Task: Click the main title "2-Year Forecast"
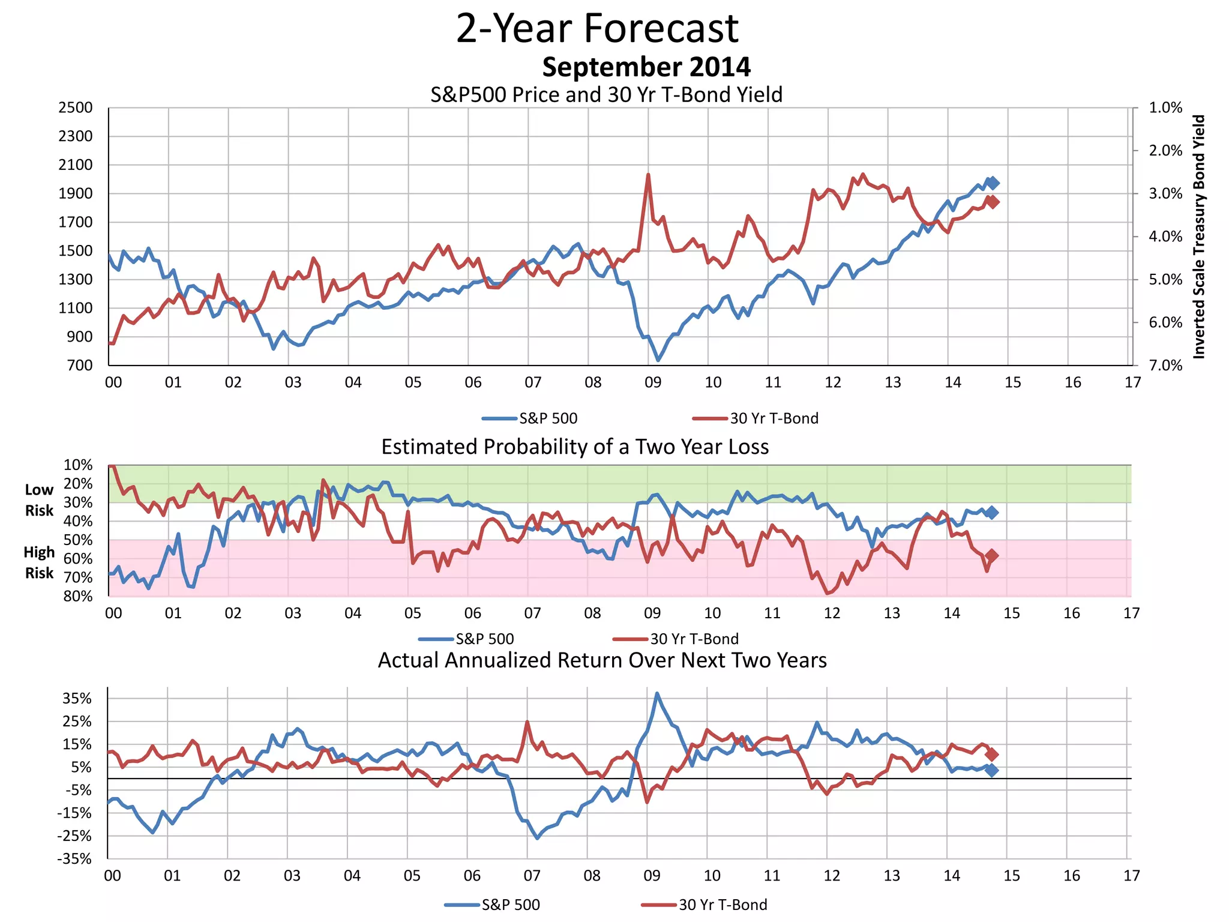597,28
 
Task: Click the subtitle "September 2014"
646,67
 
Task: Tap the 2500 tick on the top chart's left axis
76,108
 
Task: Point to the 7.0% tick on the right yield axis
1165,366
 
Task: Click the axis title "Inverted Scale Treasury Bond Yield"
1199,237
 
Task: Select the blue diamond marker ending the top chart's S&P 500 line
993,183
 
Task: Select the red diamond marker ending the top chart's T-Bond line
993,202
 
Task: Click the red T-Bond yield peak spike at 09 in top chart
648,175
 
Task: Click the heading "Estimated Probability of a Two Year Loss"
575,447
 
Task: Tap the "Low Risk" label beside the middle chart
39,500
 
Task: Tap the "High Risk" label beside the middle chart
39,562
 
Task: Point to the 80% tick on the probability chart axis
78,597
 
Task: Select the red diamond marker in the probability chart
992,556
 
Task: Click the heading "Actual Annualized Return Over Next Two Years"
602,660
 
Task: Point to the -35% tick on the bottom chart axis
74,859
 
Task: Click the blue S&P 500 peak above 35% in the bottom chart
657,693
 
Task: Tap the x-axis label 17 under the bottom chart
1131,876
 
